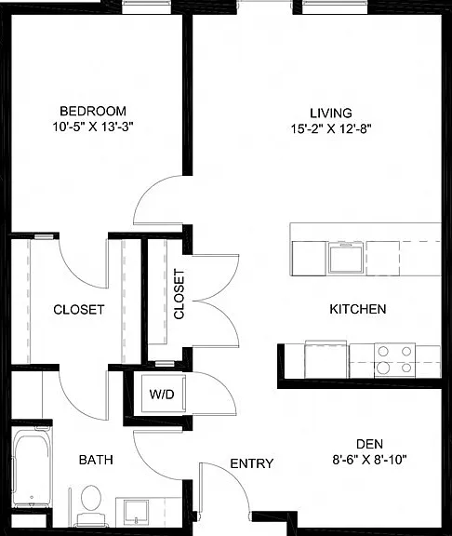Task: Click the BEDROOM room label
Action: click(93, 111)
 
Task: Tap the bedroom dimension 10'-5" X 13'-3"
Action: click(93, 127)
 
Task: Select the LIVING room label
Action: click(331, 113)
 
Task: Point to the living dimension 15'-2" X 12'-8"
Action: click(331, 128)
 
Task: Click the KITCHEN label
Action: click(358, 309)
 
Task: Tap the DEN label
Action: click(369, 444)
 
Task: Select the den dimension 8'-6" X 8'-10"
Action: click(369, 460)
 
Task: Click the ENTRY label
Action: click(252, 463)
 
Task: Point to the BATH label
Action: click(96, 460)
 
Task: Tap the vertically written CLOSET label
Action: click(179, 294)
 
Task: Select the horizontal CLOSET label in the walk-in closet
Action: click(78, 310)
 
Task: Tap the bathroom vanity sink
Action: click(137, 512)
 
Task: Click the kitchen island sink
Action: click(345, 257)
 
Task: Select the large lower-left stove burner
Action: click(383, 368)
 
